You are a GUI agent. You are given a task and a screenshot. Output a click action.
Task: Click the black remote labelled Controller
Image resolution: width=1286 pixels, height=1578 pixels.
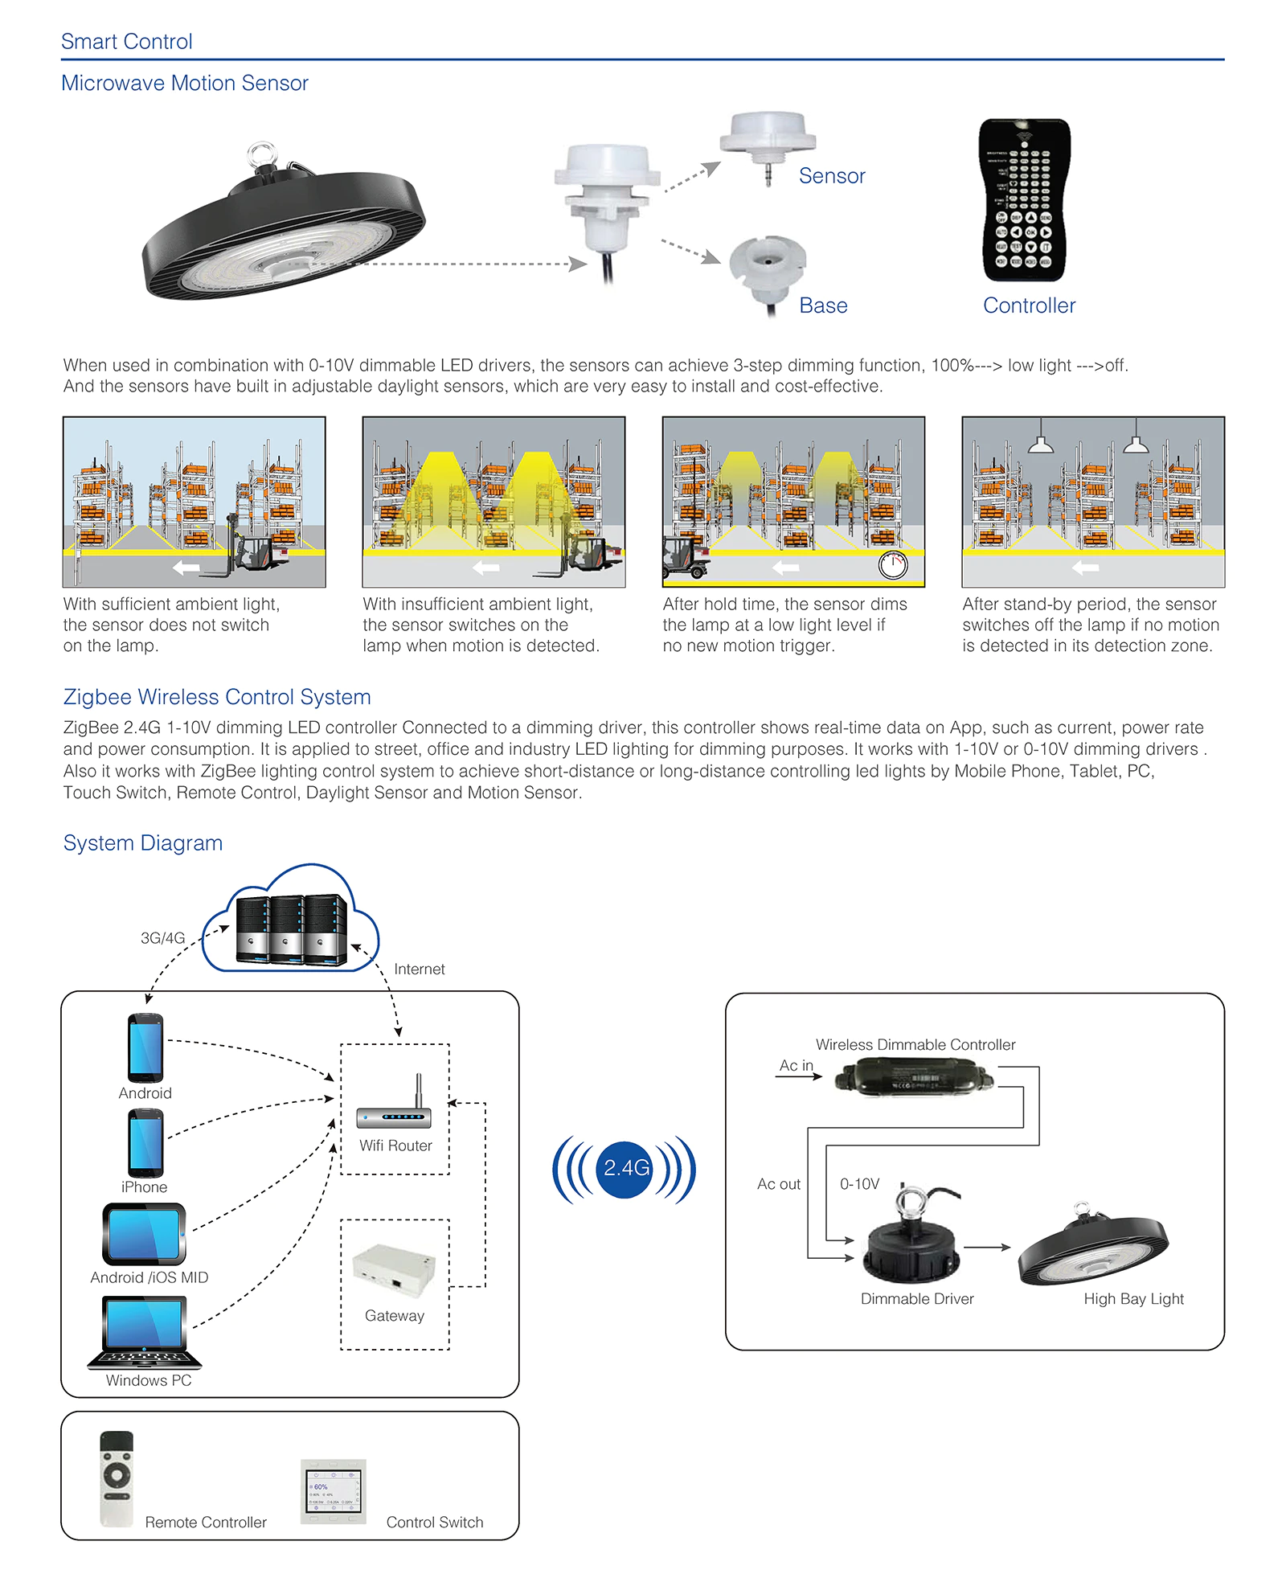pyautogui.click(x=1025, y=200)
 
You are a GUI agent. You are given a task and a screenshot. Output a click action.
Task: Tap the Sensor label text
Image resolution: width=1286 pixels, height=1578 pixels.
pyautogui.click(x=832, y=176)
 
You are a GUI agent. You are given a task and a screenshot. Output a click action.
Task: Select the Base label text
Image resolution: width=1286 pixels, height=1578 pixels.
pyautogui.click(x=823, y=305)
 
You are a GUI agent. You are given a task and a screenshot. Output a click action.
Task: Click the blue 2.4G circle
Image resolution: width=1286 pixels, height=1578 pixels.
pyautogui.click(x=625, y=1169)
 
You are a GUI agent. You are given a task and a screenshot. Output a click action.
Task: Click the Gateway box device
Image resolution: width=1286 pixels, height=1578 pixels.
pyautogui.click(x=394, y=1270)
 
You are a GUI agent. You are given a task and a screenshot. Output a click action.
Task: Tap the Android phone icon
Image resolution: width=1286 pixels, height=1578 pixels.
pyautogui.click(x=145, y=1047)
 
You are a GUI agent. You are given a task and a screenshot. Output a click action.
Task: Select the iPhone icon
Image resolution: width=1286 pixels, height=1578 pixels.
pyautogui.click(x=145, y=1143)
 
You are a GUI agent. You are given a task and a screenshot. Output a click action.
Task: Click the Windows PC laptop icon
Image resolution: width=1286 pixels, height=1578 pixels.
pyautogui.click(x=145, y=1333)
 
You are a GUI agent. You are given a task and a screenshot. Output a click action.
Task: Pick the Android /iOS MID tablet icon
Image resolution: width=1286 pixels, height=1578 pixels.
pyautogui.click(x=145, y=1234)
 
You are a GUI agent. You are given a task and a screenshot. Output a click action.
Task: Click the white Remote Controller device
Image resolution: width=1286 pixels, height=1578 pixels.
pyautogui.click(x=117, y=1478)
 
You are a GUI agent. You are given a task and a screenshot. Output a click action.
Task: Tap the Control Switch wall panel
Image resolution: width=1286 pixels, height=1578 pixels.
pyautogui.click(x=334, y=1491)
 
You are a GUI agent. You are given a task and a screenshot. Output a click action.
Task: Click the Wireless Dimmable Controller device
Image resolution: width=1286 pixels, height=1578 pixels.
pyautogui.click(x=914, y=1077)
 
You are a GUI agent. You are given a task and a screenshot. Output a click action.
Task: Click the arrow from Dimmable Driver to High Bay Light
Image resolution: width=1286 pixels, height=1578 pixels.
pyautogui.click(x=987, y=1247)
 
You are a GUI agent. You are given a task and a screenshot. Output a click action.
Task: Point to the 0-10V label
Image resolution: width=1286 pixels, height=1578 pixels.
pyautogui.click(x=859, y=1184)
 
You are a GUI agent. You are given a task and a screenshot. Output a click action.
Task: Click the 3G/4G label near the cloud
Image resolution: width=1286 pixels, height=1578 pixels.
pyautogui.click(x=162, y=938)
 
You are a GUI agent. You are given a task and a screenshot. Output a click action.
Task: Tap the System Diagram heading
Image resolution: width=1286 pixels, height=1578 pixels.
pyautogui.click(x=143, y=843)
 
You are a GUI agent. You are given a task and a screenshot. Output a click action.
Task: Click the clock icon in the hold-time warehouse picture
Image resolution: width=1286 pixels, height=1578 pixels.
pyautogui.click(x=893, y=565)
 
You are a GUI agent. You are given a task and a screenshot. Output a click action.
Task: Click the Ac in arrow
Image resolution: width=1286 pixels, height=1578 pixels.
pyautogui.click(x=799, y=1076)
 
